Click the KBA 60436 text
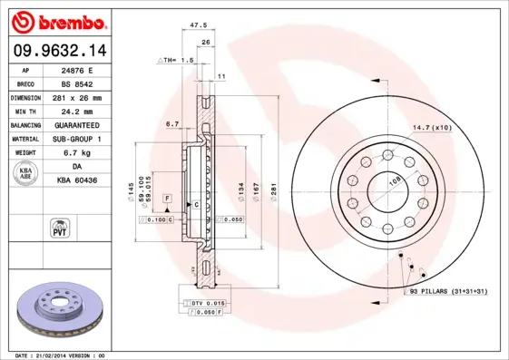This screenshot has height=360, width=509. tap(77, 180)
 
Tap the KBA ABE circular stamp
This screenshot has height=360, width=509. tap(25, 173)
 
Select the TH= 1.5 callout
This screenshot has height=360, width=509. tap(177, 60)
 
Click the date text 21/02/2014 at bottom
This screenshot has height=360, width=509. tap(68, 355)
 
